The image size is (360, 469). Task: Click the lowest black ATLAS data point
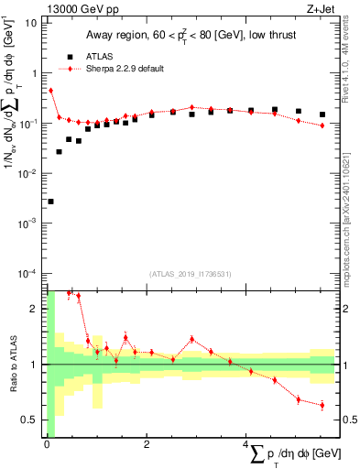click(x=50, y=202)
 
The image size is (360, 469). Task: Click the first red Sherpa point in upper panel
click(x=50, y=91)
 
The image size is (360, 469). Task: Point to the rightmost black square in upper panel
click(x=322, y=115)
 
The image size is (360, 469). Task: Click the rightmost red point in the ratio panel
click(x=322, y=405)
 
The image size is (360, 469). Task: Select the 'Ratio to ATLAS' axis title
click(x=13, y=364)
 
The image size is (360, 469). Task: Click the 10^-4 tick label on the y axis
click(x=29, y=274)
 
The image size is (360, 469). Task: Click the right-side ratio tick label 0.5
click(x=349, y=420)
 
